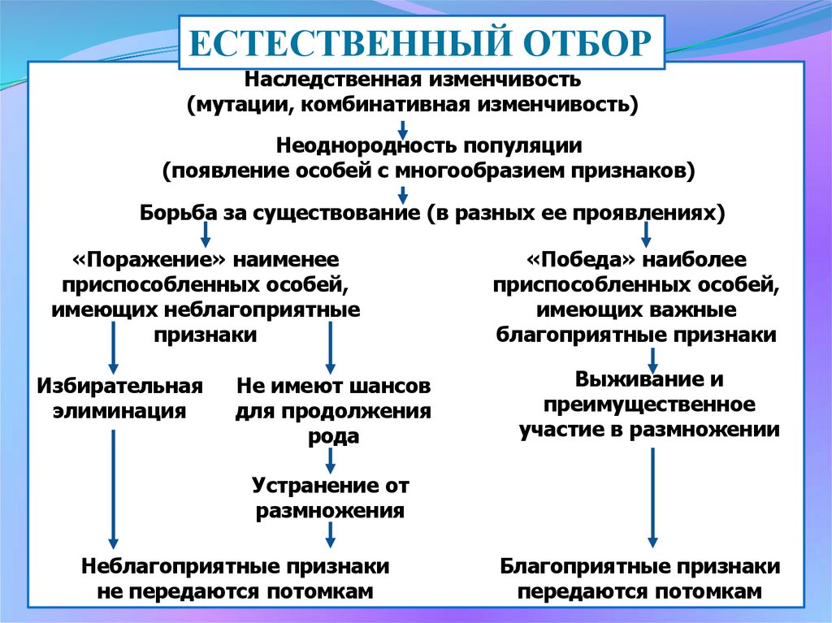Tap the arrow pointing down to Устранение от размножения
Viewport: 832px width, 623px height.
click(331, 461)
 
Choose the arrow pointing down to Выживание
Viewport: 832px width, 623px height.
click(652, 357)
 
